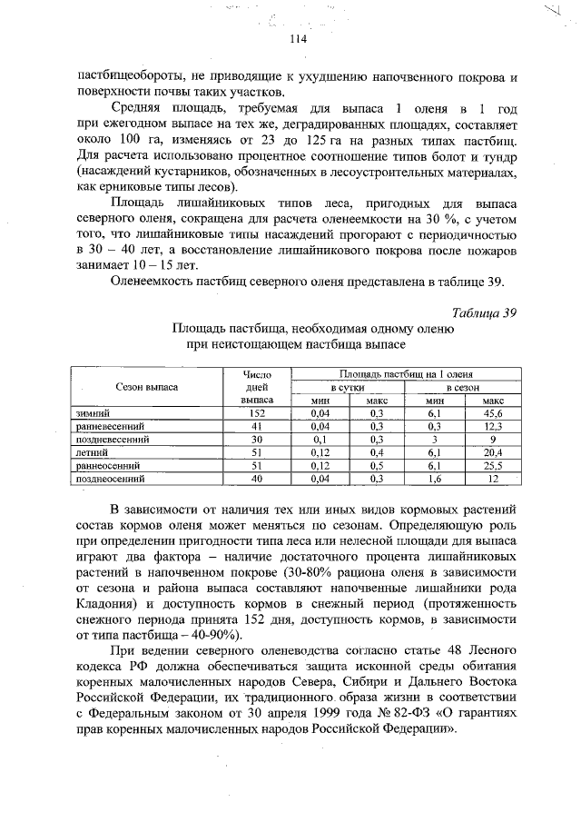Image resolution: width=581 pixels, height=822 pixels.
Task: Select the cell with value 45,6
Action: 494,411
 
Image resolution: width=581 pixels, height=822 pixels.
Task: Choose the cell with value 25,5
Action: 494,464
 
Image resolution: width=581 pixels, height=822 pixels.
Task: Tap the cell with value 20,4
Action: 494,451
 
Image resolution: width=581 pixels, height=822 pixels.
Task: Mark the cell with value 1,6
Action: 435,477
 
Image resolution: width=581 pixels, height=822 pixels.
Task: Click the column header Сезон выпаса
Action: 147,386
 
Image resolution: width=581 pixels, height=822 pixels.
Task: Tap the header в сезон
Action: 464,386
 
